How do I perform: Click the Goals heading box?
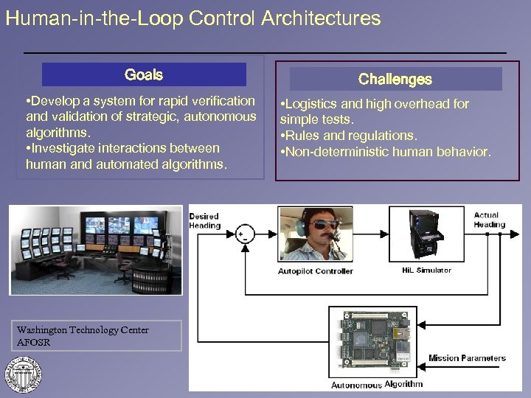tap(144, 74)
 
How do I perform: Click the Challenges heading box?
tap(395, 79)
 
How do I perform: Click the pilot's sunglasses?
tap(320, 224)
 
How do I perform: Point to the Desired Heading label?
tap(204, 221)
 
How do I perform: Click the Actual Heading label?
tap(489, 220)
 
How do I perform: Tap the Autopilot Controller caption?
tap(316, 271)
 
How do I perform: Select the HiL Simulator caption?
tap(426, 270)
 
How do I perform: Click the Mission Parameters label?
tap(467, 359)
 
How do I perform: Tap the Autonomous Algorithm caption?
tap(377, 384)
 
